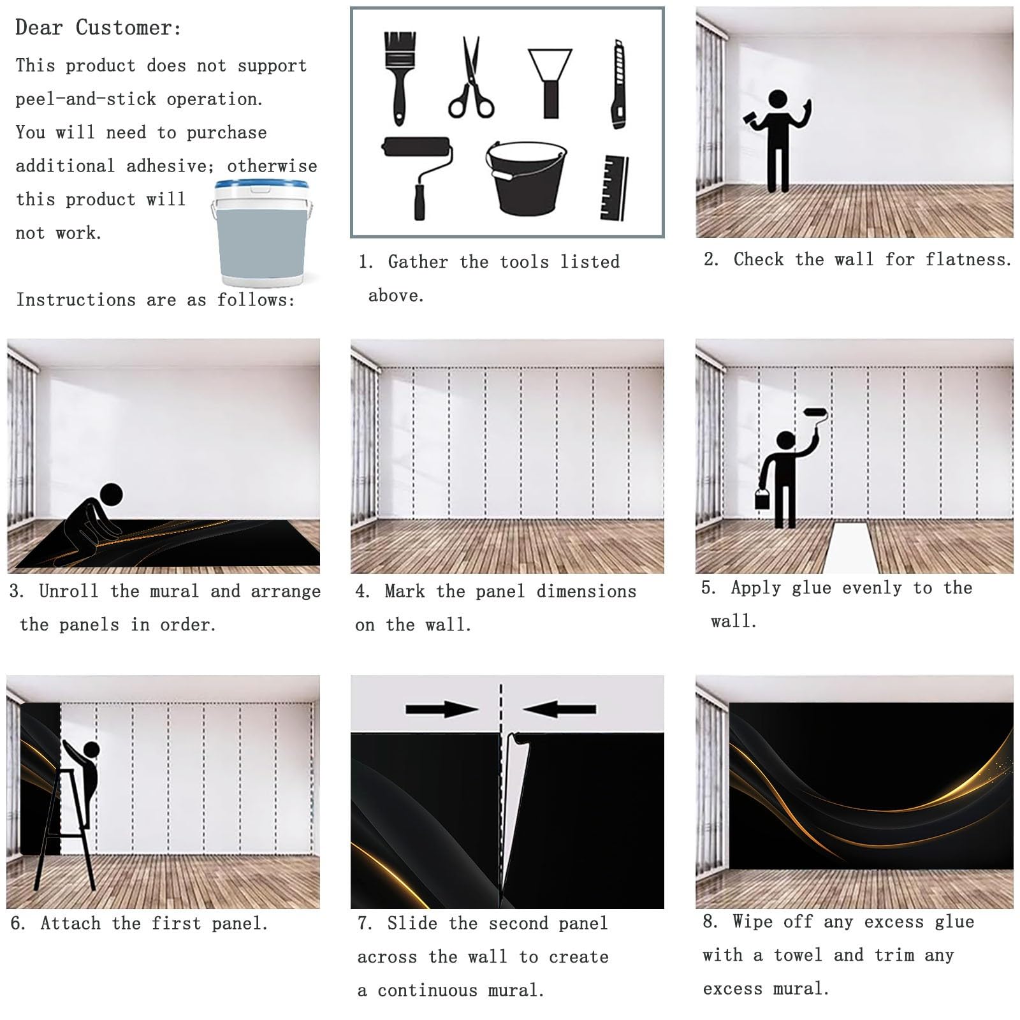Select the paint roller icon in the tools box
pos(418,177)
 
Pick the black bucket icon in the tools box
pos(526,178)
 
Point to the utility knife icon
pos(618,84)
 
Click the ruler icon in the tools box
pos(615,188)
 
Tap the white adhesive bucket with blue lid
pos(263,233)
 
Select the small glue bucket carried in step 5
pos(762,498)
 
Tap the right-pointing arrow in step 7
pos(442,709)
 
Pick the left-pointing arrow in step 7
pos(560,709)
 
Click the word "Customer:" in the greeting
pos(129,28)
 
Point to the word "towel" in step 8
pos(798,955)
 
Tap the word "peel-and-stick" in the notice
pos(85,99)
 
